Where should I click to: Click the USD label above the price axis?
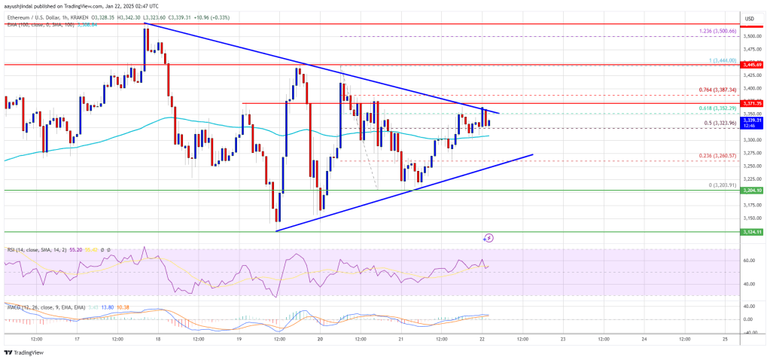[749, 18]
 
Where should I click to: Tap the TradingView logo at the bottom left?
[23, 352]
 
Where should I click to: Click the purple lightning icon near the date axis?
[488, 238]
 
